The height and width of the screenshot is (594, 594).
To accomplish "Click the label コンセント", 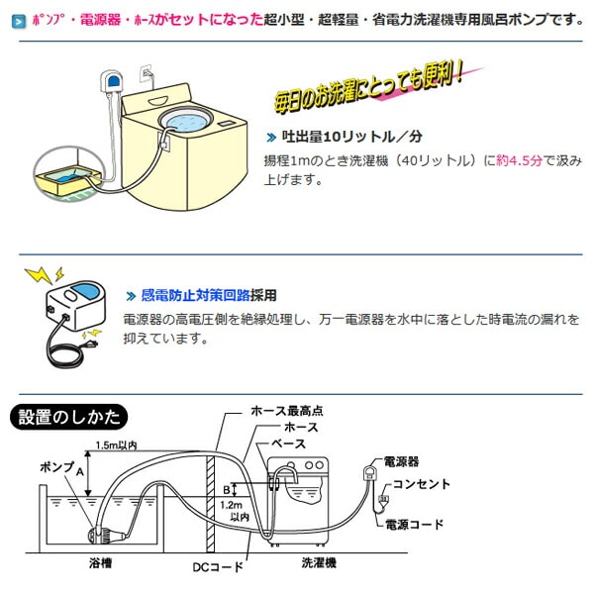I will (421, 484).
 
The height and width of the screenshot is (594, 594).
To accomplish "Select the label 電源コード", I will (415, 525).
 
